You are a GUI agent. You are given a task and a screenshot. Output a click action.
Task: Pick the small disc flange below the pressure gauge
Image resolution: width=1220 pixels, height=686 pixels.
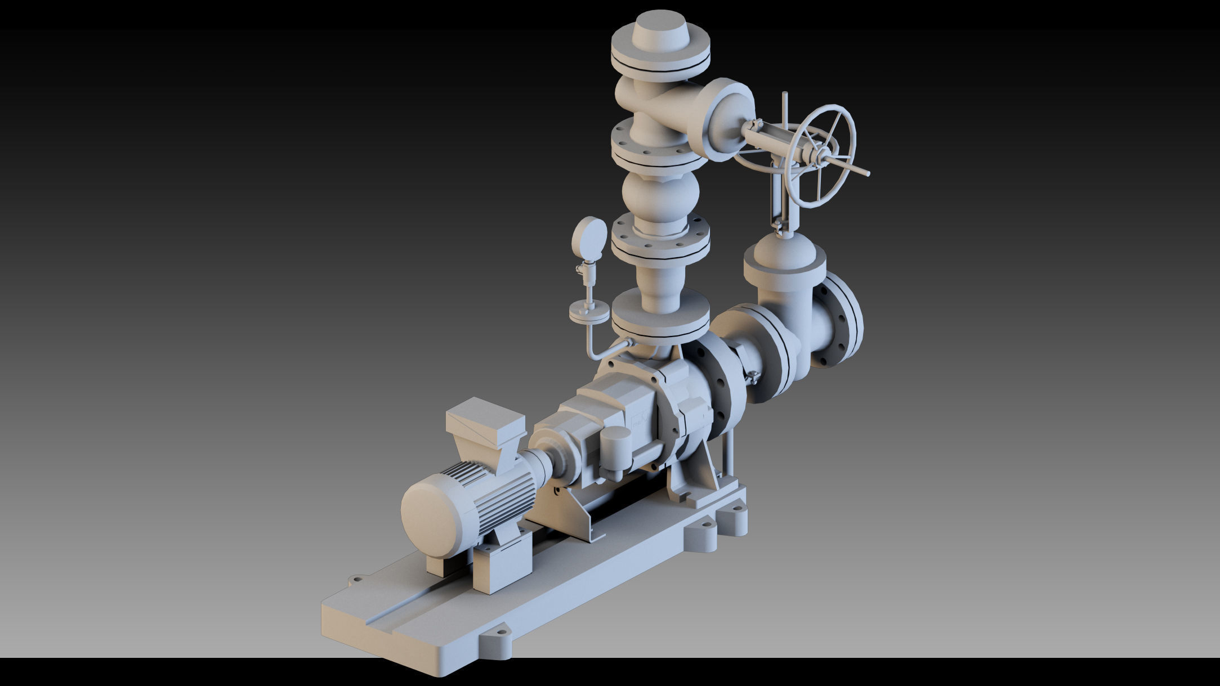tap(589, 311)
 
